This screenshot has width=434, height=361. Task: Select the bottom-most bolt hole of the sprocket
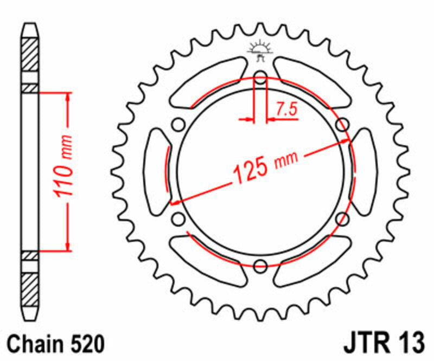click(x=260, y=266)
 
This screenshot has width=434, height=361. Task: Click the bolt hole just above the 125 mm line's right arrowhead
click(x=342, y=125)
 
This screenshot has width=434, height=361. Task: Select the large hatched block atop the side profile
click(x=30, y=54)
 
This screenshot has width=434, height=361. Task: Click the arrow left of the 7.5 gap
click(x=248, y=118)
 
